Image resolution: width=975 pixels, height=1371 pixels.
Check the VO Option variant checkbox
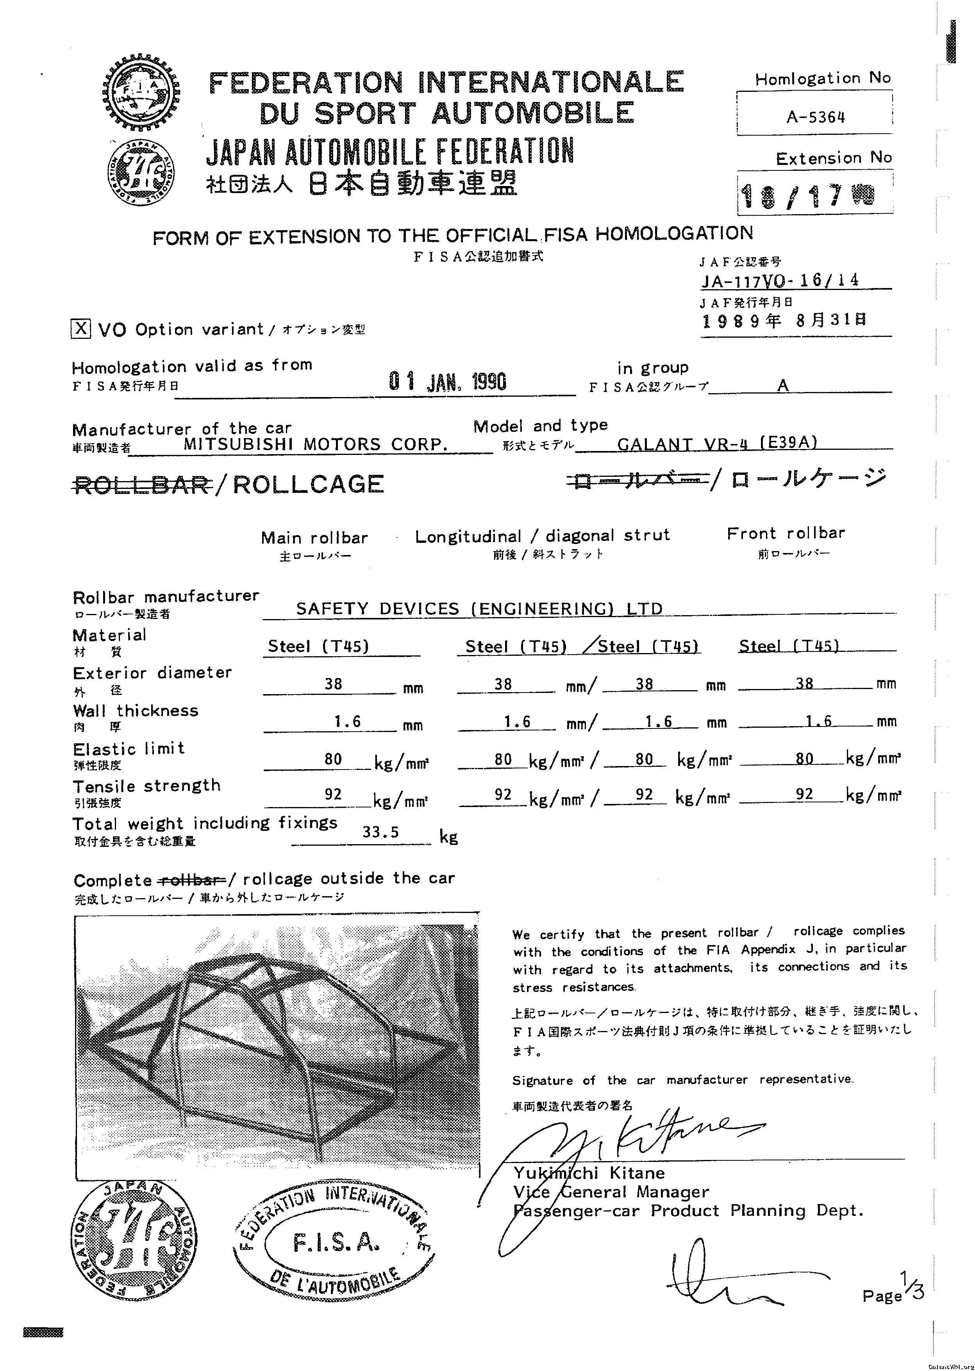[x=81, y=329]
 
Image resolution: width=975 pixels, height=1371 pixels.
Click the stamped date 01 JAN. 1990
[x=447, y=381]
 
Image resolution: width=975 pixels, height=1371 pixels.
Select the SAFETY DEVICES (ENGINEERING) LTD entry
[x=479, y=609]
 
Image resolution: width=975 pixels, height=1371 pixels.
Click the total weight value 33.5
[x=380, y=832]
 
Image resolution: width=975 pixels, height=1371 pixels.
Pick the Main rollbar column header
[x=314, y=538]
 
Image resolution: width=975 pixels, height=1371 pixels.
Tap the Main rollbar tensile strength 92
[x=333, y=795]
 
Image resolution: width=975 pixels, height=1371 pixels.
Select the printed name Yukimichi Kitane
[x=588, y=1173]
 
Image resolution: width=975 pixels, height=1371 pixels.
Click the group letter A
[x=782, y=385]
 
